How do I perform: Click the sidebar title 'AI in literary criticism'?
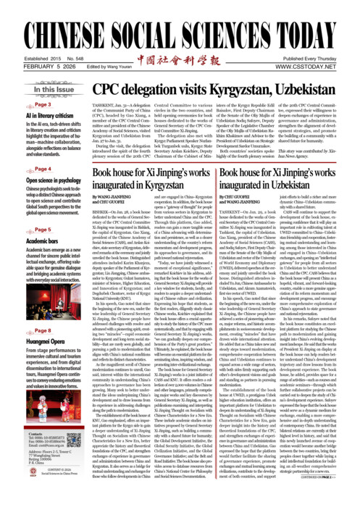tap(33, 115)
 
